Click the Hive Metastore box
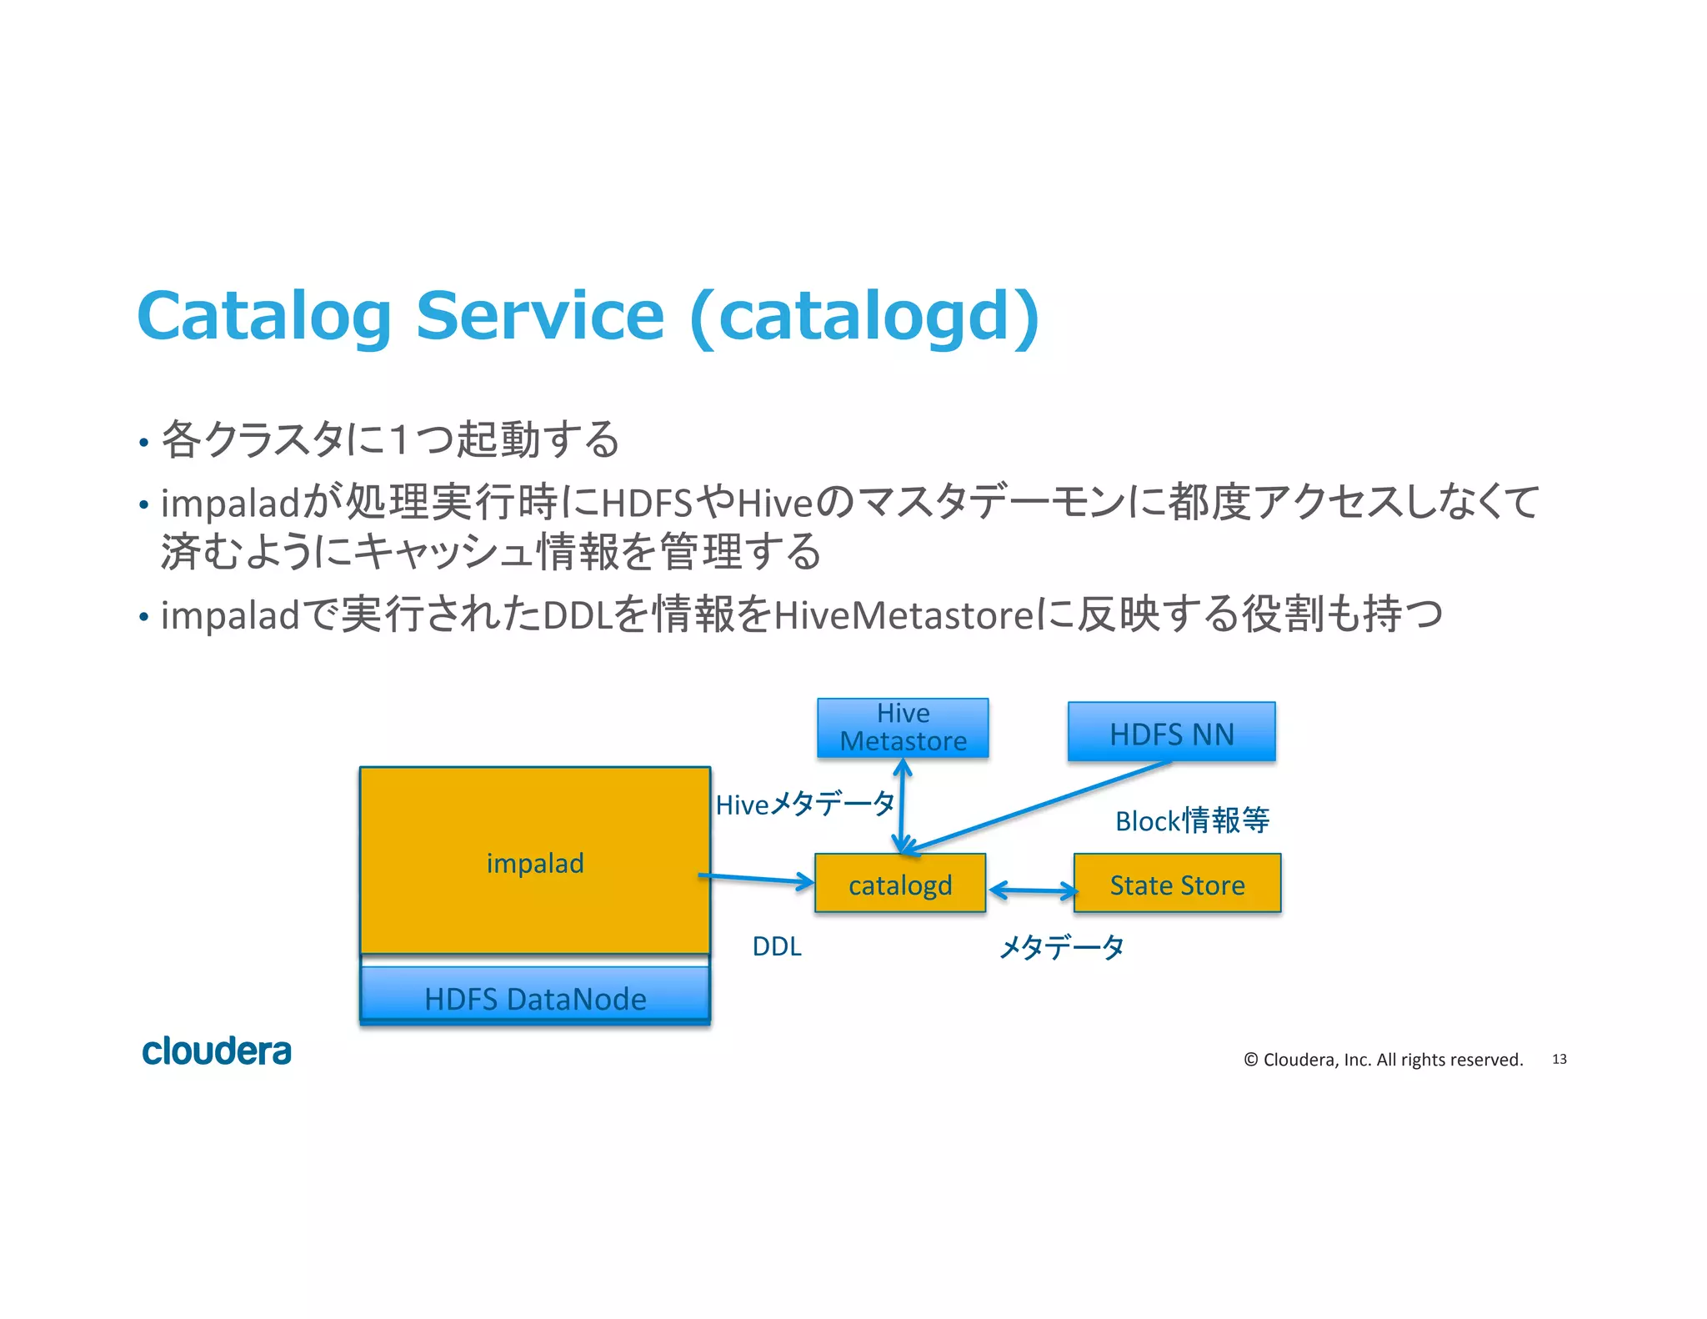903,727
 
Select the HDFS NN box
1171,732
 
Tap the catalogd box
900,884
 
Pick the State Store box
1177,884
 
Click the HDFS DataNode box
535,997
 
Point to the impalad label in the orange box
535,862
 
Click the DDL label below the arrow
777,946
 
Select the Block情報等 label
1192,820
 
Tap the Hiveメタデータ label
805,805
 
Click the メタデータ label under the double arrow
1062,947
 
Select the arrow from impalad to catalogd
757,879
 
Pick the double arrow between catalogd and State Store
1033,890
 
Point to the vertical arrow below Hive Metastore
902,805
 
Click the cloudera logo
217,1051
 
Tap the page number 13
1559,1059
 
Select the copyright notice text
1384,1059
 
